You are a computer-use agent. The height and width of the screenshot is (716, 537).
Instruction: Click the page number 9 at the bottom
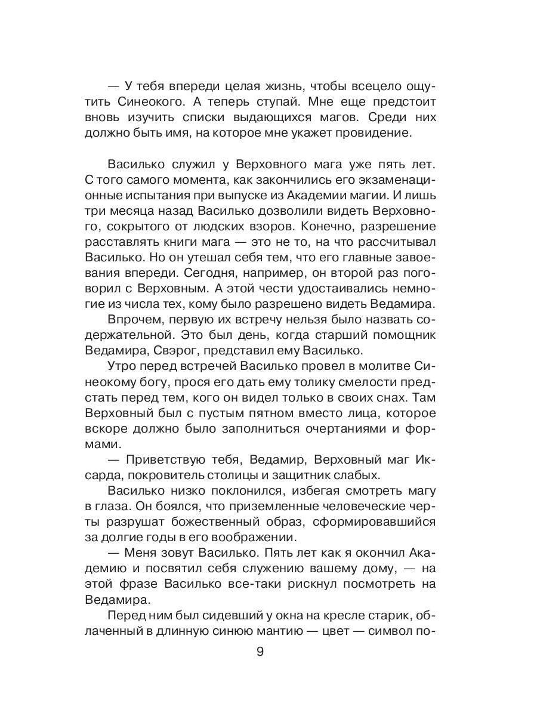(x=260, y=651)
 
